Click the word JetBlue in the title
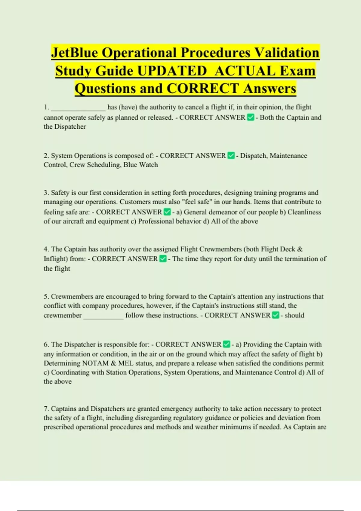(x=74, y=53)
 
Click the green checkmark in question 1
(x=250, y=117)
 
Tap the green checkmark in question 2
(x=231, y=156)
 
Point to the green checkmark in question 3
(x=167, y=212)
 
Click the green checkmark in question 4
(x=163, y=259)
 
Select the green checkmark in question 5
(x=275, y=315)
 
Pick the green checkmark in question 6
(x=227, y=344)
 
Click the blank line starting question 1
(x=78, y=108)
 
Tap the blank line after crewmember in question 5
(x=103, y=316)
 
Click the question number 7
(x=46, y=409)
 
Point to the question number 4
(x=46, y=249)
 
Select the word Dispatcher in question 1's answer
(x=70, y=127)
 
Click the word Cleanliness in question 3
(x=304, y=212)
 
